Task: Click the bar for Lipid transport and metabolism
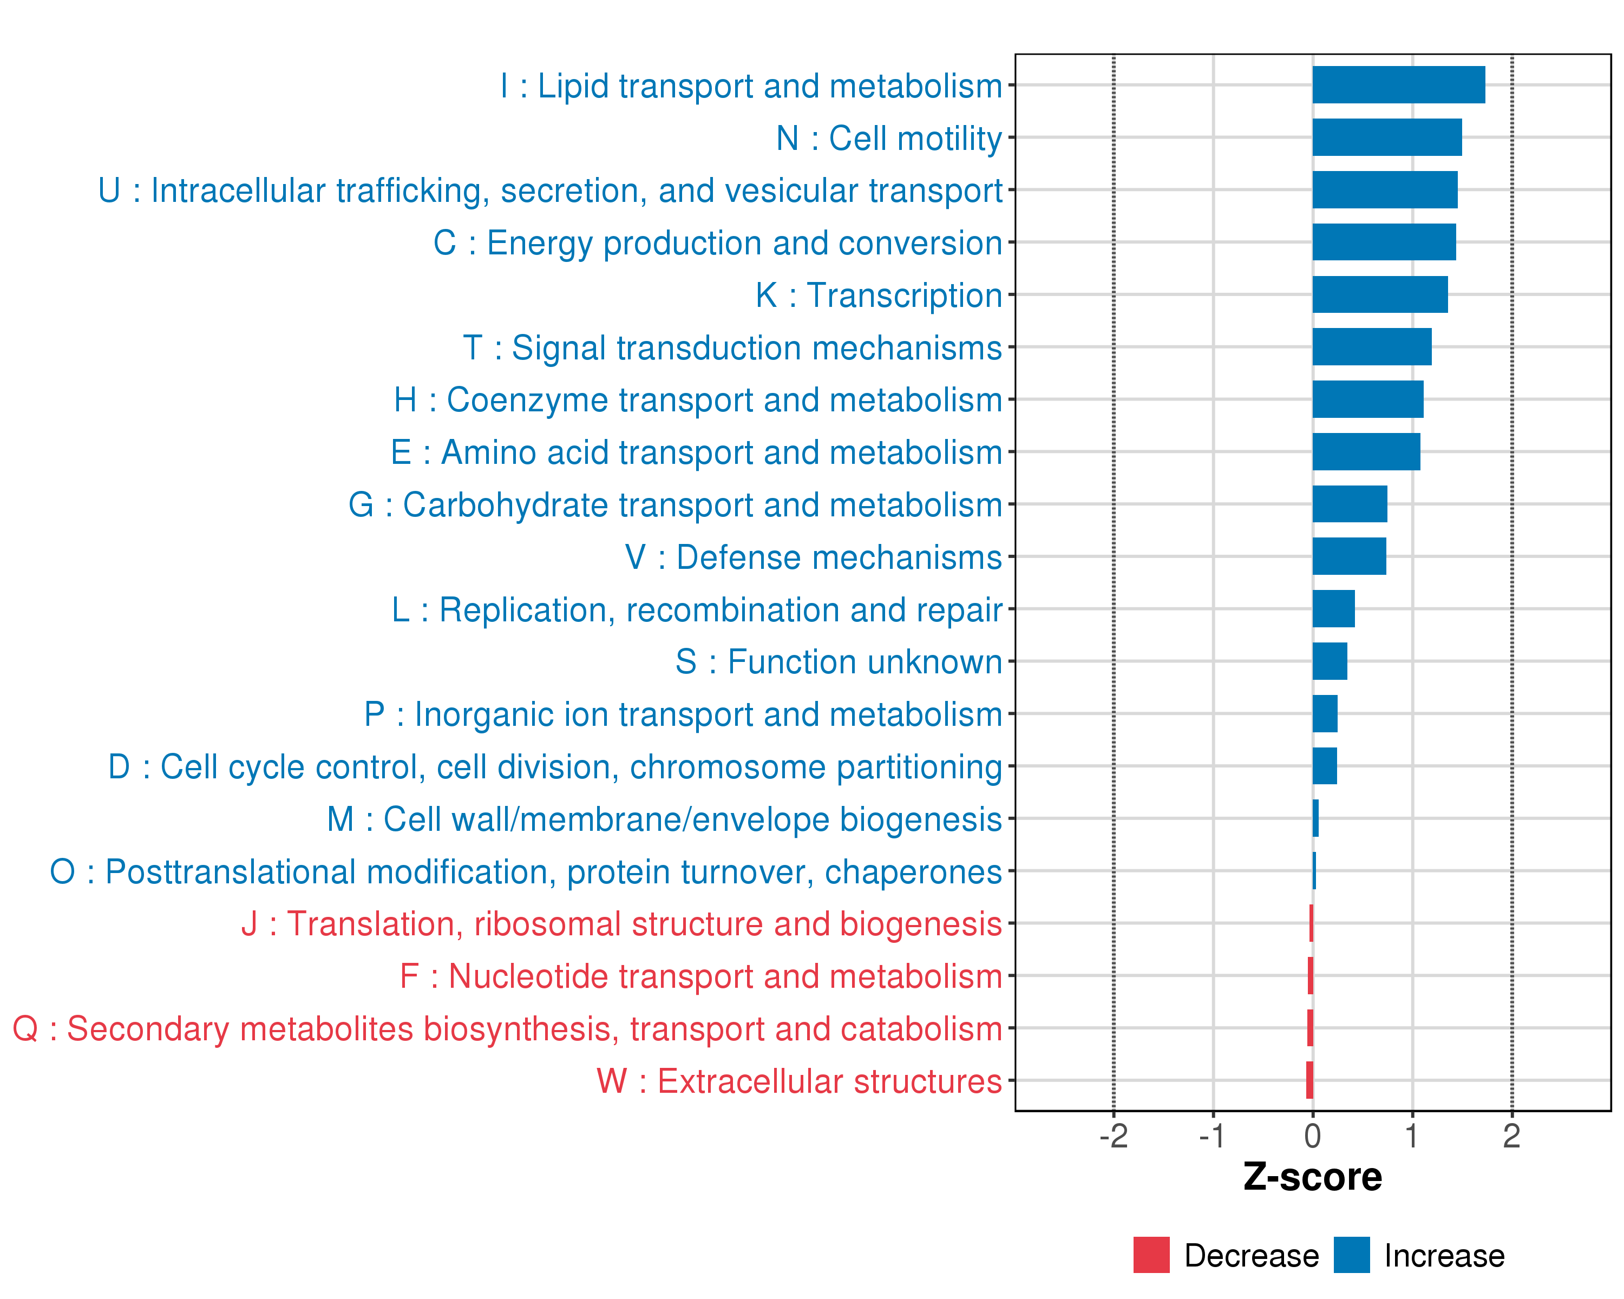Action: pos(1398,85)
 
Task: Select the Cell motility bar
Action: pos(1387,137)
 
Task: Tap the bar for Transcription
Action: pos(1379,294)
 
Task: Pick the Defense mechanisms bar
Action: pos(1348,556)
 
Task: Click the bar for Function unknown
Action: pos(1330,661)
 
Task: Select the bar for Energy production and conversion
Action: pos(1384,242)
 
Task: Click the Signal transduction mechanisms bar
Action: pos(1372,346)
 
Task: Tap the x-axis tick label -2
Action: pos(1114,1136)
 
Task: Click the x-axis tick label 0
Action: pos(1312,1136)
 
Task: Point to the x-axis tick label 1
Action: pos(1412,1136)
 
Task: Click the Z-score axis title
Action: pos(1312,1178)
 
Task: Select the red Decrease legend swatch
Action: pos(1151,1255)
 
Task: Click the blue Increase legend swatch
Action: pos(1351,1255)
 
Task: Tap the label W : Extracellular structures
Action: pos(799,1081)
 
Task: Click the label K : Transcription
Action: pos(878,295)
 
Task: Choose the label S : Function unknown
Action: pos(839,662)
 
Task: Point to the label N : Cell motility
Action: pos(889,139)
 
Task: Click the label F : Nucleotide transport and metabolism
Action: pos(700,977)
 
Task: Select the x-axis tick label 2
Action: pos(1511,1136)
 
